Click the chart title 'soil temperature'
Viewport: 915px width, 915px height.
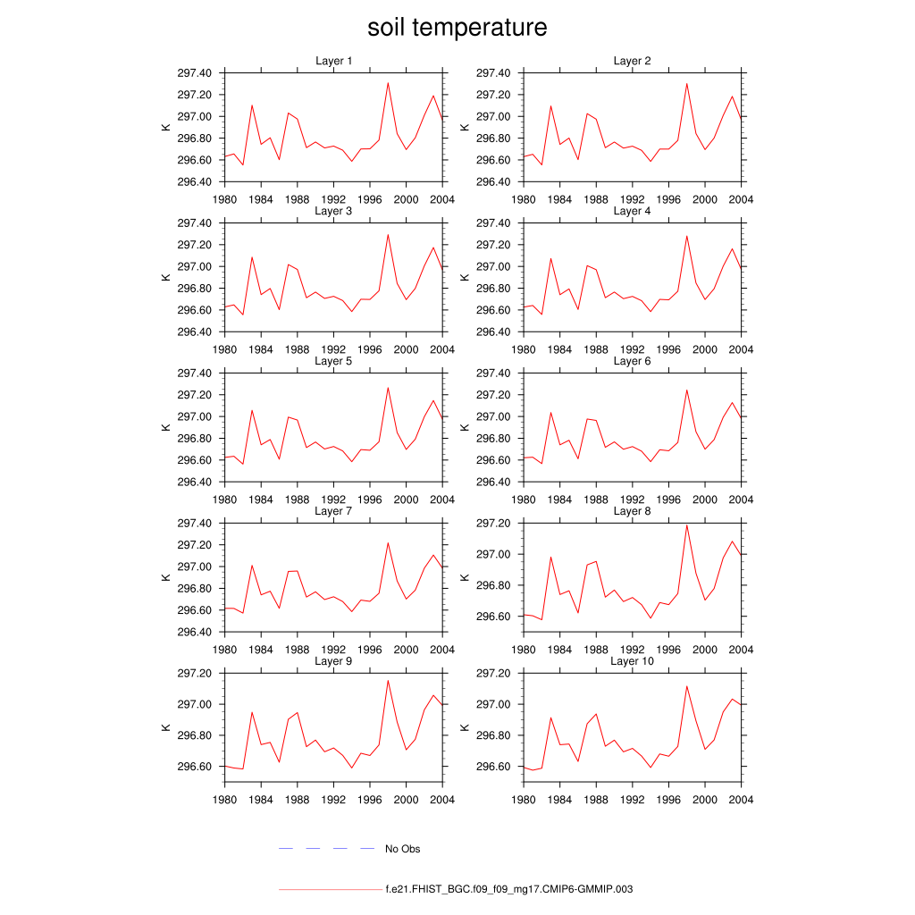(457, 28)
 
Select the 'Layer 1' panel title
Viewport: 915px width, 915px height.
(334, 61)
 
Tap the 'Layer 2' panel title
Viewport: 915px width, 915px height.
(633, 61)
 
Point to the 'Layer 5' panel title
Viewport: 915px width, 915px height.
(334, 361)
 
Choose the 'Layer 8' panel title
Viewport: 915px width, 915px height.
(633, 511)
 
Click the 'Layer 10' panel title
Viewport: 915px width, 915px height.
(633, 661)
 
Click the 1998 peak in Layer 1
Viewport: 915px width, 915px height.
(388, 83)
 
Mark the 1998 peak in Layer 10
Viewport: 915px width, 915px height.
(687, 686)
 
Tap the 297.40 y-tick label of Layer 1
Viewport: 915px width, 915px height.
(194, 73)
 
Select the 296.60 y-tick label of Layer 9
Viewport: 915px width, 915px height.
(194, 767)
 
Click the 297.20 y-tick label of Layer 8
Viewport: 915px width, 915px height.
(493, 524)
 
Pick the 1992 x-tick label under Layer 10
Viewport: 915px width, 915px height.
(633, 800)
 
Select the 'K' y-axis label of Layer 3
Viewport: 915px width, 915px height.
(165, 277)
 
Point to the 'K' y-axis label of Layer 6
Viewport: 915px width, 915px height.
(465, 427)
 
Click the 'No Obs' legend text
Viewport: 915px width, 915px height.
(402, 849)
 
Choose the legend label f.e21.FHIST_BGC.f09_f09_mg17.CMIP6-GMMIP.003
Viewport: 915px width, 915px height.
(509, 890)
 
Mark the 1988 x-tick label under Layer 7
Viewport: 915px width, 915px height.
(297, 650)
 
